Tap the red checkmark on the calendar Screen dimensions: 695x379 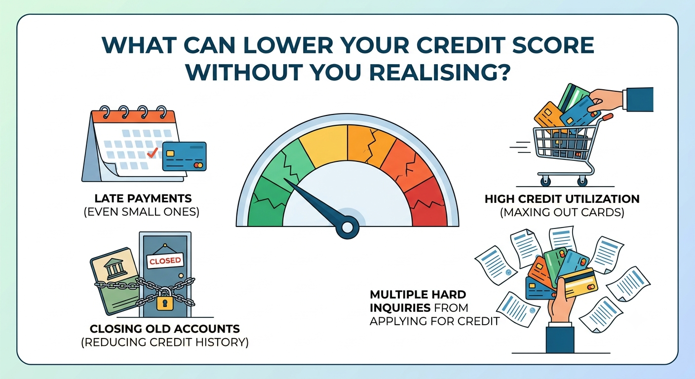(x=152, y=152)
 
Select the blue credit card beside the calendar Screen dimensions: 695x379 (x=184, y=156)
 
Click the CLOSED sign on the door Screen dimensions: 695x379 (x=165, y=261)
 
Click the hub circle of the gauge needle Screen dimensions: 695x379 (x=347, y=227)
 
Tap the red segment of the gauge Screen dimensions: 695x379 (x=425, y=202)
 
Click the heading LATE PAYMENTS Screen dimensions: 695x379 (x=143, y=198)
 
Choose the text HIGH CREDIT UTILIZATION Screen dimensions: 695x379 (x=562, y=199)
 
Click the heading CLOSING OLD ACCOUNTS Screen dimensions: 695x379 (x=165, y=329)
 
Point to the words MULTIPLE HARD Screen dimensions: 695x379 (x=418, y=294)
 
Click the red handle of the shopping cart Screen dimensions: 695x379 (x=608, y=117)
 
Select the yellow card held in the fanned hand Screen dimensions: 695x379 (x=580, y=283)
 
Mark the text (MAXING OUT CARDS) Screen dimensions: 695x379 (x=562, y=213)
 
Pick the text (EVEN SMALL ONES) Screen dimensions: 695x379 (x=142, y=212)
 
